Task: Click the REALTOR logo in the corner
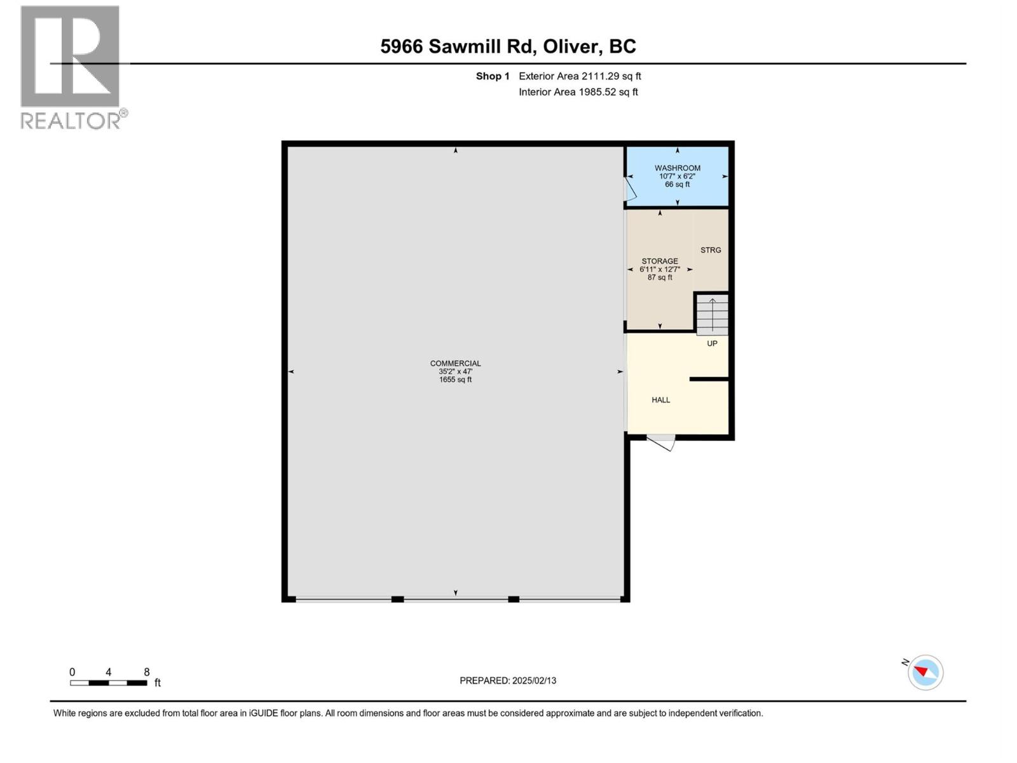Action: (71, 67)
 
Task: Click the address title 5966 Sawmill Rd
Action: (508, 46)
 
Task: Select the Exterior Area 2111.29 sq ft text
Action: (580, 76)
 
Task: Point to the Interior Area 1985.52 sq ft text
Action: (578, 92)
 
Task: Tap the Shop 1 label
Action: (493, 76)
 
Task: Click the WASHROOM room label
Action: (677, 168)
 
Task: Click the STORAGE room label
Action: (659, 261)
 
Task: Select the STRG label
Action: (711, 251)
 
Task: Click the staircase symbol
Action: (712, 315)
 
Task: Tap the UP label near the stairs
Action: (712, 344)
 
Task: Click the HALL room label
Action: (660, 401)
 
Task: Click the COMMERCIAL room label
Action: (455, 364)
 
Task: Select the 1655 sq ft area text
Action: (455, 380)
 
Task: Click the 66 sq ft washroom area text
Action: (677, 185)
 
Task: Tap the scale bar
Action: (109, 683)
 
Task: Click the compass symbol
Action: (925, 673)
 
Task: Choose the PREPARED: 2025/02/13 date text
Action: (508, 681)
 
